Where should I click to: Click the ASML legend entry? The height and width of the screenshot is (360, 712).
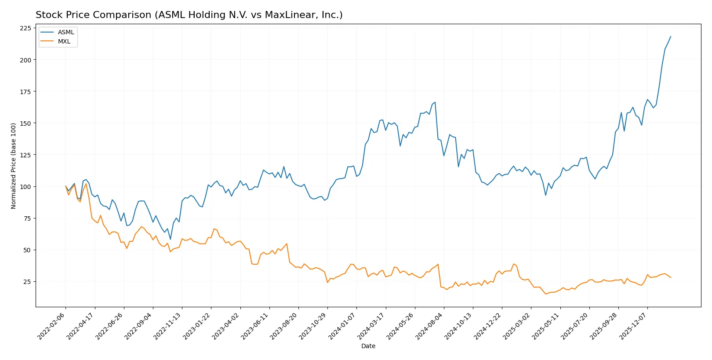coord(66,32)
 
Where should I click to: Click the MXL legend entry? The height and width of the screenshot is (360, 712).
coord(64,41)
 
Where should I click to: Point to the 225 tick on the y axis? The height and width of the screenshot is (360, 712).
coord(25,28)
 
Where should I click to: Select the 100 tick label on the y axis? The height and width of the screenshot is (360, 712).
coord(25,187)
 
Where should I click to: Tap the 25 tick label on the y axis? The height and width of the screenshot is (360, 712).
coord(27,282)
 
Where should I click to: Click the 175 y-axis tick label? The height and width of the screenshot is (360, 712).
coord(25,91)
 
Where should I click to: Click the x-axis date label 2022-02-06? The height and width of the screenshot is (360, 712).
coord(52,326)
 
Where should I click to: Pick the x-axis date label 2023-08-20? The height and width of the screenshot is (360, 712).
coord(284,326)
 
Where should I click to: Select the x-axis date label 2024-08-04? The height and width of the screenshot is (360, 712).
coord(430,326)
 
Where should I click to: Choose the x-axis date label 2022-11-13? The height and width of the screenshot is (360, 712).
coord(168,326)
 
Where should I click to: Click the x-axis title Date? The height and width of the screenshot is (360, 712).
coord(368,346)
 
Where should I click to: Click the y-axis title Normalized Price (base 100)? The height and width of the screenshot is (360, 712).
coord(14,166)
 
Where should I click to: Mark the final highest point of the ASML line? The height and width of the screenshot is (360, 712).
coord(671,36)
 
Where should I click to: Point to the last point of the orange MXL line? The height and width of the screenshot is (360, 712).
coord(671,278)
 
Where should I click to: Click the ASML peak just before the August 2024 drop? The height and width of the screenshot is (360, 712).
coord(435,102)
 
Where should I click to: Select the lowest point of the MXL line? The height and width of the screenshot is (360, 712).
coord(545,294)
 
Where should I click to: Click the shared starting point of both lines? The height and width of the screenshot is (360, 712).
coord(65,186)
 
